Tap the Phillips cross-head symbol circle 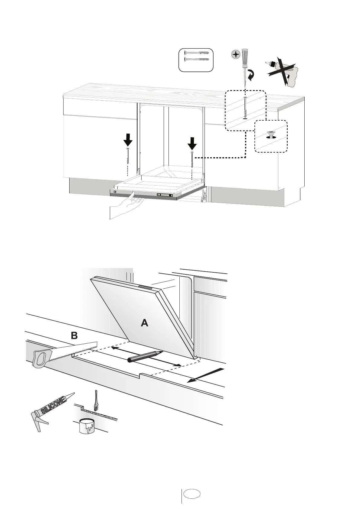click(235, 55)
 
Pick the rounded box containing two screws click(196, 60)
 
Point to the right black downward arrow click(192, 143)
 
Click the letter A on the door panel click(145, 323)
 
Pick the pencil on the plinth click(145, 356)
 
